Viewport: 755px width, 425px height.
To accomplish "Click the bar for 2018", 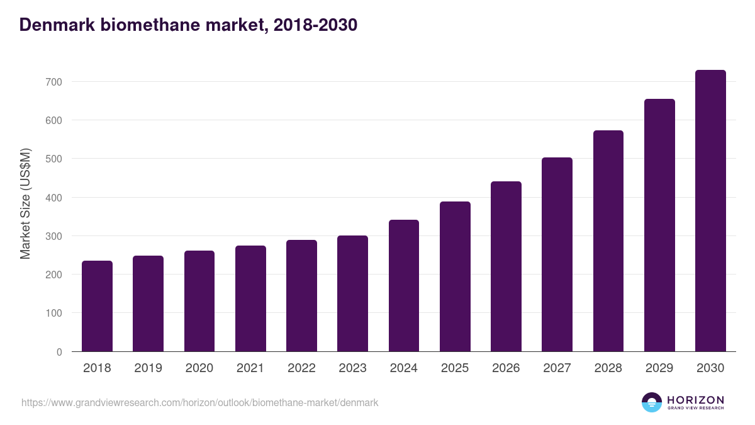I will (x=97, y=306).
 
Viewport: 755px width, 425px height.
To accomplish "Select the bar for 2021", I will (x=250, y=298).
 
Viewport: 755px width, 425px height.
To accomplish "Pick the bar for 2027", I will (x=557, y=254).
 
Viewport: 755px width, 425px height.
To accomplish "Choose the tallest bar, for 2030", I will (x=710, y=211).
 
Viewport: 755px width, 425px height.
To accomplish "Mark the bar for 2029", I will (x=659, y=225).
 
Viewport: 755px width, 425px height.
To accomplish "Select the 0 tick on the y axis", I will (x=59, y=352).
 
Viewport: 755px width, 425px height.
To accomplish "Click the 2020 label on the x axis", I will (x=199, y=368).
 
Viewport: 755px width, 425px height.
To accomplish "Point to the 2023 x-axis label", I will (x=352, y=368).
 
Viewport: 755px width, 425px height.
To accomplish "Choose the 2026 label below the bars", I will (x=506, y=368).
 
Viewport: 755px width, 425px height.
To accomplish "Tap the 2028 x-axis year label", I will (x=608, y=368).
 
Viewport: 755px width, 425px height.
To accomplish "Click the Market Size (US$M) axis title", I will (x=26, y=203).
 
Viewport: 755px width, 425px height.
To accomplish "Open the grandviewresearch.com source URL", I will (x=200, y=402).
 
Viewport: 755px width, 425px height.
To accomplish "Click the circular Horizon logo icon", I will (x=652, y=402).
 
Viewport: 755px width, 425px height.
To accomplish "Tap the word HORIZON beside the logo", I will (x=695, y=400).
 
